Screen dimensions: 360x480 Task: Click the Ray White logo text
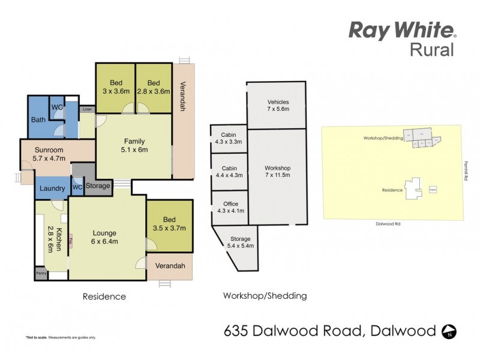coord(401,30)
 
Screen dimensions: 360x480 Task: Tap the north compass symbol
coord(449,330)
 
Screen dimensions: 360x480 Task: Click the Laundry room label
coord(52,188)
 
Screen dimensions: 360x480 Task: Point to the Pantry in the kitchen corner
coord(41,274)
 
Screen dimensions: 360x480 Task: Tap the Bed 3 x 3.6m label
coord(116,87)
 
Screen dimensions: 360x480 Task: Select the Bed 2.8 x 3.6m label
coord(154,87)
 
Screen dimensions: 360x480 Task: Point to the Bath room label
coord(38,120)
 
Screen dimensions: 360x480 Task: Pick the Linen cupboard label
coord(88,110)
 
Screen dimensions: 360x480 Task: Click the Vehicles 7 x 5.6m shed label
coord(278,106)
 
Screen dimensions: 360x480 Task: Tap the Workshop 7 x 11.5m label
coord(278,172)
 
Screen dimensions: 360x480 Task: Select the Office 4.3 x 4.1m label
coord(230,208)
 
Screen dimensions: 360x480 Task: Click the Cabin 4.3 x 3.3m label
coord(227,139)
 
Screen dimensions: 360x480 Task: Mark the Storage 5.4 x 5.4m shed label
coord(240,242)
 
